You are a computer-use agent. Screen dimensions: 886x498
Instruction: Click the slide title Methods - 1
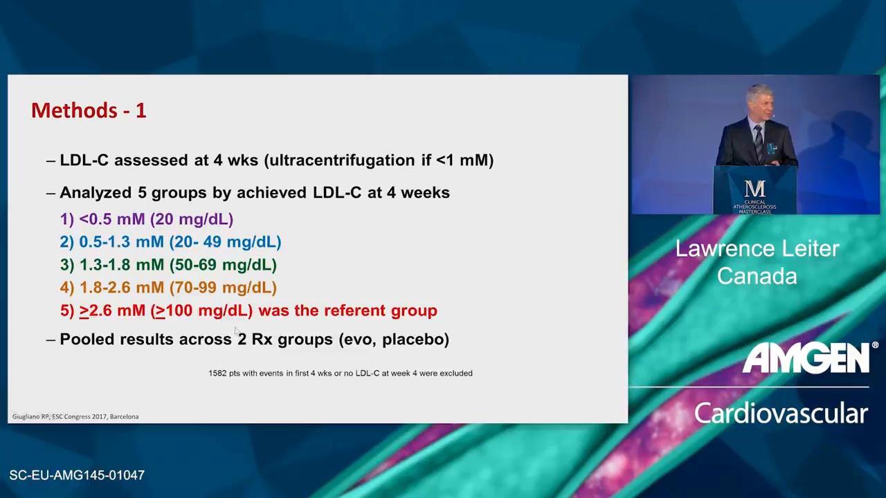click(x=89, y=110)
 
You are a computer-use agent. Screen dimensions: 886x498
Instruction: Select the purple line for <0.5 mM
click(x=147, y=219)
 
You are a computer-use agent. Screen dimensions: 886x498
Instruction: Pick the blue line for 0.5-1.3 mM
click(x=170, y=242)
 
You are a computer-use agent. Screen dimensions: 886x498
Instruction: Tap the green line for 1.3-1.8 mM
click(x=168, y=265)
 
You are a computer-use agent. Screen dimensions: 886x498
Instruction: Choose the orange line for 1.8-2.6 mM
click(x=168, y=288)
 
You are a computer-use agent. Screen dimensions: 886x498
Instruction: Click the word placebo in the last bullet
click(x=415, y=340)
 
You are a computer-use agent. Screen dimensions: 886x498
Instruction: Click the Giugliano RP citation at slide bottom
click(x=75, y=416)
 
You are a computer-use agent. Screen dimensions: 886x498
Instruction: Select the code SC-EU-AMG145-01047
click(x=77, y=475)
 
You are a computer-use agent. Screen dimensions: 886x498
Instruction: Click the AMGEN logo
click(x=807, y=358)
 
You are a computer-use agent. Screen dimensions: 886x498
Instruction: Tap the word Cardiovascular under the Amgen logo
click(x=781, y=414)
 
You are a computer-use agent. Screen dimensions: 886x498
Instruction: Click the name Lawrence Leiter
click(x=757, y=248)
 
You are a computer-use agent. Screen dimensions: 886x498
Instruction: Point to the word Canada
click(x=757, y=276)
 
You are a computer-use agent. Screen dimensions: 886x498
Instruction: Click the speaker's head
click(x=759, y=101)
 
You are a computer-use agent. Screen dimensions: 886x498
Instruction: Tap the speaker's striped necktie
click(x=758, y=142)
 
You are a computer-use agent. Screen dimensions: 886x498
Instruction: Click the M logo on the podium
click(x=755, y=189)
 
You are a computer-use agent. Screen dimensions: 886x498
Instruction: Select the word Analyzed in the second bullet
click(x=96, y=193)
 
